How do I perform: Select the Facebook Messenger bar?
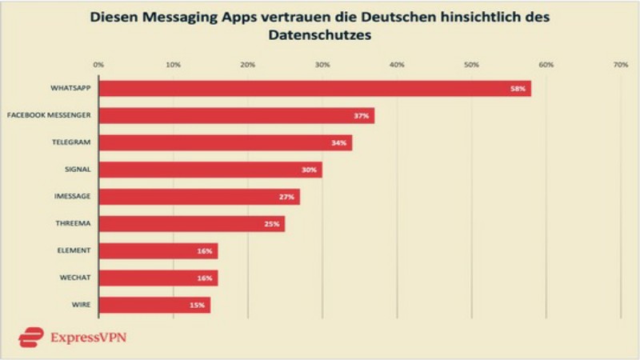click(236, 116)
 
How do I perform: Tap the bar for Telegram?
click(225, 143)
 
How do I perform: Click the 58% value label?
click(518, 89)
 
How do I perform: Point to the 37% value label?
click(361, 116)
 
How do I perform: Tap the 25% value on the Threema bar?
click(271, 224)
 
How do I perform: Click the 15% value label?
click(197, 305)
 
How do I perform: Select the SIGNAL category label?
click(78, 170)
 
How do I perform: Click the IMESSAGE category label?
click(72, 197)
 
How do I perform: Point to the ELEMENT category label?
click(74, 250)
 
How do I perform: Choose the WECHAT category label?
click(74, 278)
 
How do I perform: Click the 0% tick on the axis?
click(98, 63)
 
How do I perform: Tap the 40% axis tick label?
click(397, 63)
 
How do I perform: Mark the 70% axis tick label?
click(620, 63)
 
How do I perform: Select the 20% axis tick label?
click(247, 63)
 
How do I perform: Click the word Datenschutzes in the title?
click(319, 36)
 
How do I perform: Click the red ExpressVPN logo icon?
click(30, 337)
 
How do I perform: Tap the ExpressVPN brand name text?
click(88, 337)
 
